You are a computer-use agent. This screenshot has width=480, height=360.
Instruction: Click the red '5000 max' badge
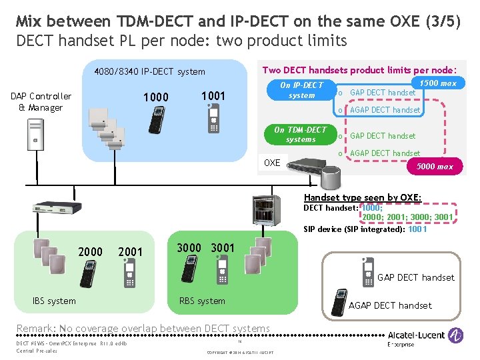click(435, 167)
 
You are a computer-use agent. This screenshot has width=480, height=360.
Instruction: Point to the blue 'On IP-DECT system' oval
click(301, 90)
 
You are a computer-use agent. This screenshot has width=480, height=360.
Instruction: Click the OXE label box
click(273, 163)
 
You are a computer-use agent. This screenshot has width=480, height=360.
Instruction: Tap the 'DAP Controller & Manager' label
click(41, 102)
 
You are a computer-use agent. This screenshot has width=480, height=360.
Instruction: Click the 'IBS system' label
click(54, 301)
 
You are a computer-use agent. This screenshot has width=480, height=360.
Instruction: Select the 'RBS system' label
click(202, 301)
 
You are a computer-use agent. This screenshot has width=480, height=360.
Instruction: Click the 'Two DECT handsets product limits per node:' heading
click(359, 70)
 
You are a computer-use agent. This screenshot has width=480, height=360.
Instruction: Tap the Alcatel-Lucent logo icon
click(456, 335)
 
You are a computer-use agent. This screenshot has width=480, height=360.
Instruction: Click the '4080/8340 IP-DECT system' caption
click(150, 72)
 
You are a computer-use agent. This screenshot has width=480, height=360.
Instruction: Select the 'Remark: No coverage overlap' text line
click(143, 328)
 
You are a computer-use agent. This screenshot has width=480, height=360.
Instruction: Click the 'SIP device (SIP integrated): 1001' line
click(365, 229)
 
